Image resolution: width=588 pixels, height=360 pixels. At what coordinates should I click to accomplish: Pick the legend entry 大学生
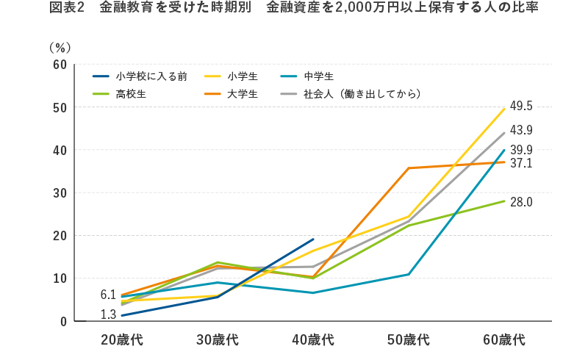[242, 94]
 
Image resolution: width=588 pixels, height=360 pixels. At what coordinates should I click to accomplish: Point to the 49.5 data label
[520, 107]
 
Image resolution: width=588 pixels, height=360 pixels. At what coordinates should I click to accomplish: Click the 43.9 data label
[520, 131]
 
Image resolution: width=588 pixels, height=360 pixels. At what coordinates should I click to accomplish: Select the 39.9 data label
[520, 151]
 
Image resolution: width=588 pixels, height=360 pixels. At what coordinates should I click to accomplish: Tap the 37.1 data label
[520, 163]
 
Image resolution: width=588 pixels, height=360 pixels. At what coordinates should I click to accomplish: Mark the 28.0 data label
[520, 202]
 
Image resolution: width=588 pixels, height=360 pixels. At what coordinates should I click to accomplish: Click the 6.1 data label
[108, 295]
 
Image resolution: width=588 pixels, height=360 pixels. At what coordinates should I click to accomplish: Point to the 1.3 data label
[108, 314]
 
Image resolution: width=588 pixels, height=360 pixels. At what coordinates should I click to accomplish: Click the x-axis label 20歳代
[122, 340]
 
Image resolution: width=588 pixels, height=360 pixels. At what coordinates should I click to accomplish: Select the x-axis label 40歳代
[313, 340]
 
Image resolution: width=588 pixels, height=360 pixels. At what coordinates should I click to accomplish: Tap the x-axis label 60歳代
[504, 340]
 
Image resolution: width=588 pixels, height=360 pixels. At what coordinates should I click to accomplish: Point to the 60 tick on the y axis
[60, 65]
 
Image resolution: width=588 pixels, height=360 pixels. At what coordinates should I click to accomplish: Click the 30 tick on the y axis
[60, 193]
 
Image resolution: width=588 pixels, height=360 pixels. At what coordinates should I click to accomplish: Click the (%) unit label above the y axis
[60, 47]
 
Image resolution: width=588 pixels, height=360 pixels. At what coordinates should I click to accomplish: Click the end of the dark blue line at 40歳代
[313, 239]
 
